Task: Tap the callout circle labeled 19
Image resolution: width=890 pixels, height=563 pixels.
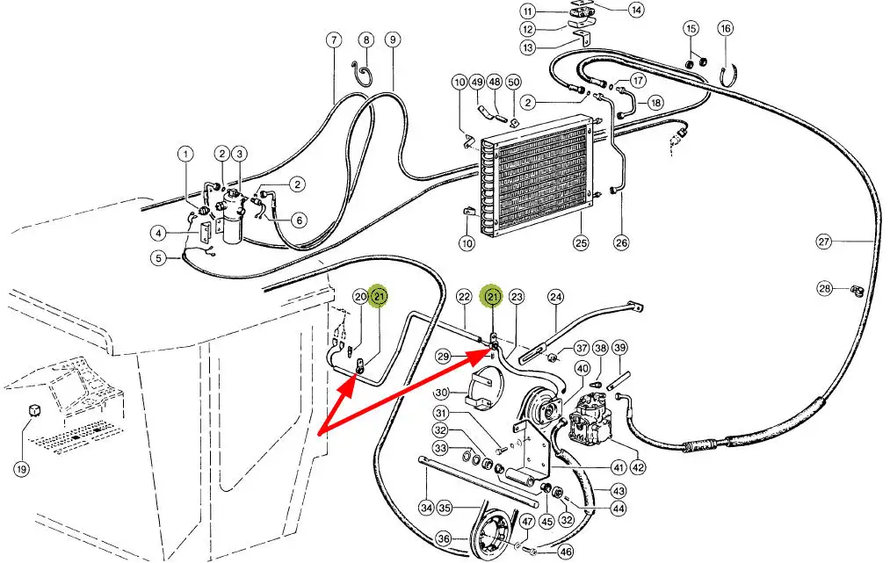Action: (21, 468)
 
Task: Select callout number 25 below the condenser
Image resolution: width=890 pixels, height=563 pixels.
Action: (580, 242)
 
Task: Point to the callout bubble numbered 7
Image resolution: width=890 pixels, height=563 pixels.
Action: (334, 40)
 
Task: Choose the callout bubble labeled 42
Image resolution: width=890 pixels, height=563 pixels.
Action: (638, 468)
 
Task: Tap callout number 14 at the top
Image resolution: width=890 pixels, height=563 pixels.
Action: (635, 11)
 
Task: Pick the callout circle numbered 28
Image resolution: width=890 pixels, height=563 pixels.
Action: (824, 289)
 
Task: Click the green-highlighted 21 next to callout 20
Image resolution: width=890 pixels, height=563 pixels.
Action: (380, 297)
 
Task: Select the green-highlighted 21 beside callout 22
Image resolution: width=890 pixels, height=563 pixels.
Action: (493, 297)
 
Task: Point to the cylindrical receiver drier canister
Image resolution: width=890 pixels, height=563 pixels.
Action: (233, 220)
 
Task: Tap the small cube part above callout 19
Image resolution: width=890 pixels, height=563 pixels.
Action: (35, 411)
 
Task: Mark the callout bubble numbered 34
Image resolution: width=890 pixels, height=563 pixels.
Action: (426, 507)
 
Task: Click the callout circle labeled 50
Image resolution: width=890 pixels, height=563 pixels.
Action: (514, 82)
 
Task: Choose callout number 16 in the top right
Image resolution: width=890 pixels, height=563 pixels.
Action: (725, 29)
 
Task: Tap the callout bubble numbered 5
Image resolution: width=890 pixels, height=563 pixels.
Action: (158, 258)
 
